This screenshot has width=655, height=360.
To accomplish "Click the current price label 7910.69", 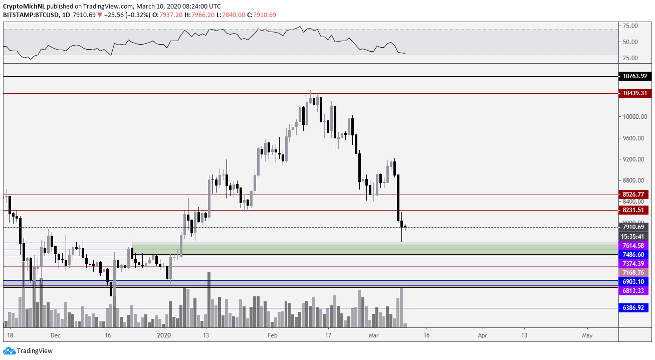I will (634, 227).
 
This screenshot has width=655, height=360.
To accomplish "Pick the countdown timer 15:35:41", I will (634, 236).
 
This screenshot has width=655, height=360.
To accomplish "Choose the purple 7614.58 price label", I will (634, 246).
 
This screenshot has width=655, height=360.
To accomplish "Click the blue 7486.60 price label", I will (634, 255).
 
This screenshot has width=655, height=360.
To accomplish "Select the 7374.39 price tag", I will (634, 263).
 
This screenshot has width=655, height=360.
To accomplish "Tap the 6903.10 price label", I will (634, 282).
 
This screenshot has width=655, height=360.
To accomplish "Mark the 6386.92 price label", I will (634, 308).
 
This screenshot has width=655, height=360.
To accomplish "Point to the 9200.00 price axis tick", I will (633, 159).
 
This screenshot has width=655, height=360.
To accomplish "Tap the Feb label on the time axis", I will (272, 335).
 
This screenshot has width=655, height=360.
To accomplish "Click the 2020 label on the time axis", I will (164, 335).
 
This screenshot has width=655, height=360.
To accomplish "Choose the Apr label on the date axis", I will (483, 335).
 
